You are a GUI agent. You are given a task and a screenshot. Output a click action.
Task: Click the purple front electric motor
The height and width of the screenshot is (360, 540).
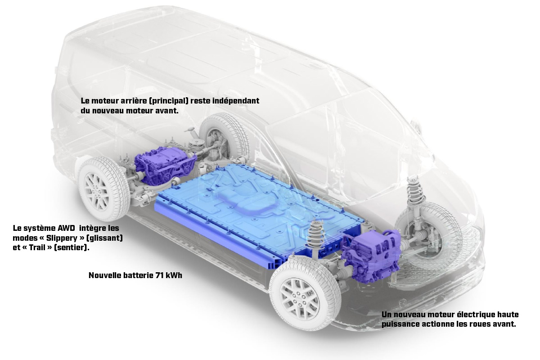tap(371, 256)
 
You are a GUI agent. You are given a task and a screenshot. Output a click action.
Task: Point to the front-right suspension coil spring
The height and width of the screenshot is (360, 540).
tap(415, 193)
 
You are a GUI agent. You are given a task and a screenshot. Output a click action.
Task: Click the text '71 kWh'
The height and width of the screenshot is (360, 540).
tap(169, 275)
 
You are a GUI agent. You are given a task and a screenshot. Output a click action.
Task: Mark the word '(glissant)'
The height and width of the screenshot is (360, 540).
tap(104, 238)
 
